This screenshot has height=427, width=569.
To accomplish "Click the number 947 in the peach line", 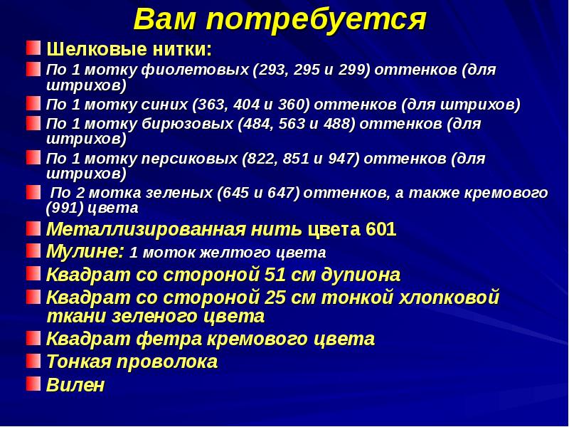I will [342, 159].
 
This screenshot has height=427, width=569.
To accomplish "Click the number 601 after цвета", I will [381, 230].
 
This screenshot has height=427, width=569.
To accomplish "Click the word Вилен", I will [75, 386].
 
